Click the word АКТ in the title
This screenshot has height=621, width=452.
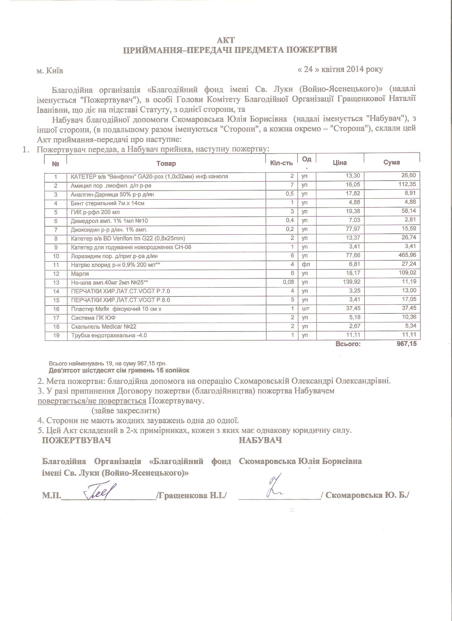[x=225, y=40]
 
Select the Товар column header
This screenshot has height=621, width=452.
[x=166, y=164]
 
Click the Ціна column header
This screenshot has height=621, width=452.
[x=340, y=163]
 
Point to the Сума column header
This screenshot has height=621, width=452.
[x=391, y=162]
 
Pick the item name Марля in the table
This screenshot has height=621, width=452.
[x=80, y=274]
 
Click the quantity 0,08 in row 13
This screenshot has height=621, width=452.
[x=289, y=282]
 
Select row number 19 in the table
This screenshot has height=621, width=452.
[x=56, y=335]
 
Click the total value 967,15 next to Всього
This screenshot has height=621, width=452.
[x=407, y=344]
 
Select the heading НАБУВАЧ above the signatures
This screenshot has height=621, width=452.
[x=260, y=440]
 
